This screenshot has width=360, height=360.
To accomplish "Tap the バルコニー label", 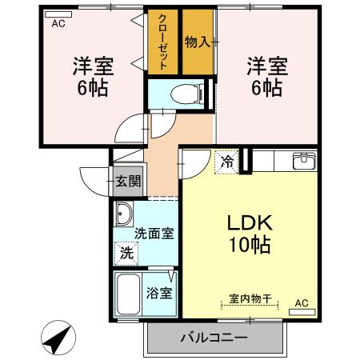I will tap(214, 338).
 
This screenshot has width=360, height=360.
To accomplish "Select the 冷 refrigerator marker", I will tap(228, 161).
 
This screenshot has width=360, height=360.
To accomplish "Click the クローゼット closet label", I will tap(162, 41).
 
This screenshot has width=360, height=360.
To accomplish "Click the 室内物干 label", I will tap(249, 298).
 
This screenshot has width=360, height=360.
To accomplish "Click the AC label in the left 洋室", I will tap(58, 24).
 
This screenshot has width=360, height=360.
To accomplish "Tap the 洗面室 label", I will tap(154, 234).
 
